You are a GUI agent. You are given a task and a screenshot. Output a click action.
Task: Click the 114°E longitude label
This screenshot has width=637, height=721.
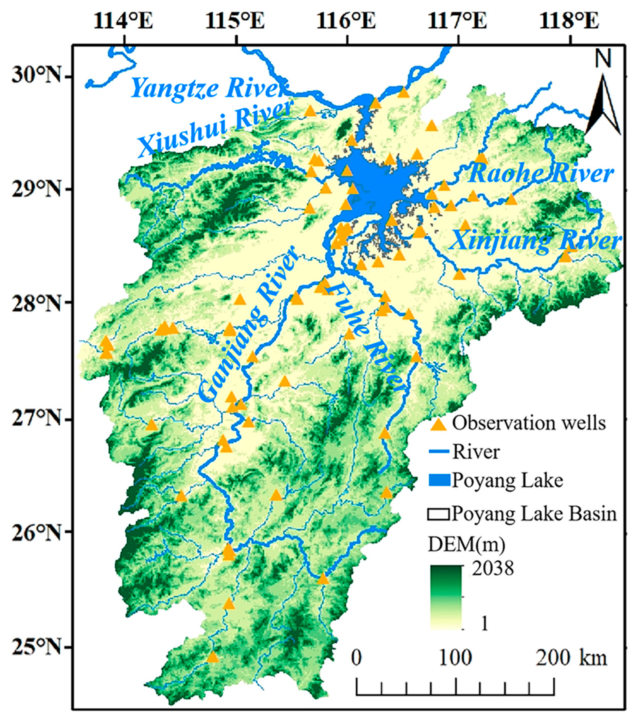(x=123, y=21)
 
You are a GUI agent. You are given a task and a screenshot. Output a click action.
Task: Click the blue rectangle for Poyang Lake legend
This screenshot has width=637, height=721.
(x=439, y=481)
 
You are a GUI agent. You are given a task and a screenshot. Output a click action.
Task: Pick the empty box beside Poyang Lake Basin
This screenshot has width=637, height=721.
(x=438, y=515)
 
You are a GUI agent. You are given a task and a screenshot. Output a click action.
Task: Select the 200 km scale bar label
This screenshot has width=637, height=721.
(x=571, y=658)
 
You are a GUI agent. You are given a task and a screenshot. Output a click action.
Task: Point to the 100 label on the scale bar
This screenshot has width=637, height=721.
(x=455, y=658)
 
